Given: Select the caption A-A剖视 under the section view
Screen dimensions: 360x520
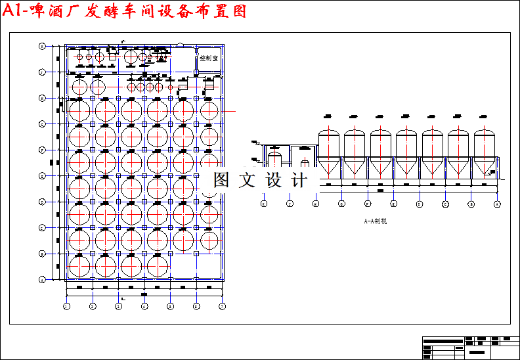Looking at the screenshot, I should coord(376,221).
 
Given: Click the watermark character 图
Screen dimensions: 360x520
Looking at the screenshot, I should coord(221,180).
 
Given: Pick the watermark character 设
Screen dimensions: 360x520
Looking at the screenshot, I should coord(273,180).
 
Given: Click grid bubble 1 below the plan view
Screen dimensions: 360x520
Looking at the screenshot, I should coord(66,306).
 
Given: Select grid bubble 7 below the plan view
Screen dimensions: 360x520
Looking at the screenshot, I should coord(222,306).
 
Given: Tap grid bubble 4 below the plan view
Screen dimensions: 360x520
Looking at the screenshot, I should coord(144,306).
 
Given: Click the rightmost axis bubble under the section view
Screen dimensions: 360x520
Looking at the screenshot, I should coord(497,204).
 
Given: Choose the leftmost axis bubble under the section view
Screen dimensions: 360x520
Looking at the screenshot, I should coord(264,204).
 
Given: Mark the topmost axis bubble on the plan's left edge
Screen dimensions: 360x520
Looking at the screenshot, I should coord(41,46).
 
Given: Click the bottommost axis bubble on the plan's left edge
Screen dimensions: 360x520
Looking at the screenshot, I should coord(41,279).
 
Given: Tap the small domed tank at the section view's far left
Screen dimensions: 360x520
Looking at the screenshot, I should coord(275,159).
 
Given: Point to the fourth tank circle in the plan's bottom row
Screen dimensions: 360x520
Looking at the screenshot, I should coord(158,266).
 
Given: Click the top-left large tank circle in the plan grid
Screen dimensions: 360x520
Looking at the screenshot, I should coord(79,110).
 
